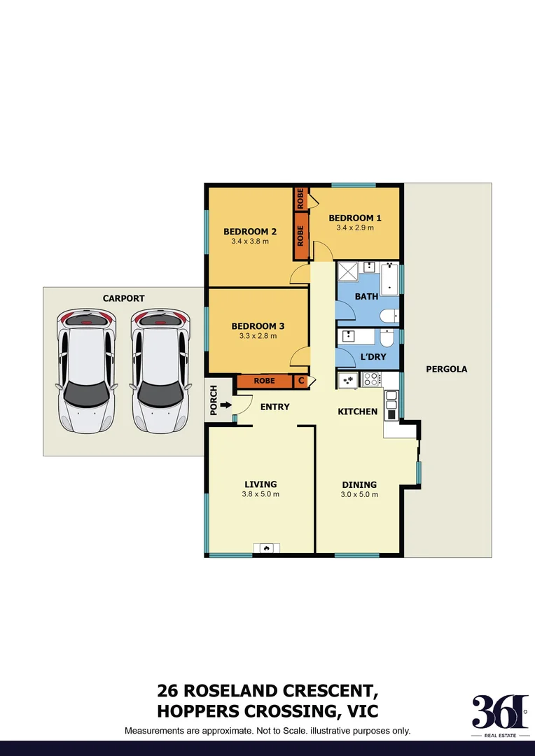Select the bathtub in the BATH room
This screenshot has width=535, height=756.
point(389,279)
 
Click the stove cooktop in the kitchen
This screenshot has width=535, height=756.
point(371,379)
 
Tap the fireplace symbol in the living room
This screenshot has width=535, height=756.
point(267,548)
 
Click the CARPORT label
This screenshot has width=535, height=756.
point(123,298)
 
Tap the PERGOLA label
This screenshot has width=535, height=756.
point(446,369)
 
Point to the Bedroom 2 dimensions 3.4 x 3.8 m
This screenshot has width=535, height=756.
point(250,241)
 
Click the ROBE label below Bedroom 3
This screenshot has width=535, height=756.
point(264,381)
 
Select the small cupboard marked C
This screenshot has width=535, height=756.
point(301,381)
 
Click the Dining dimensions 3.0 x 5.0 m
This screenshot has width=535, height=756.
point(359,495)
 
